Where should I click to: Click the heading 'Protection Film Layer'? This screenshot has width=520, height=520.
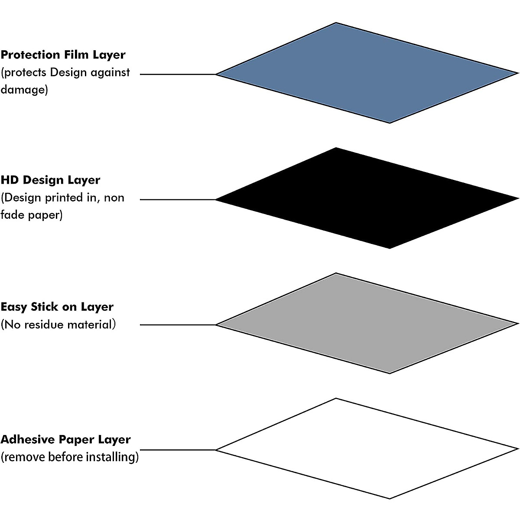tap(63, 55)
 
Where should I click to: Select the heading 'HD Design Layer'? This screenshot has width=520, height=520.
tap(50, 180)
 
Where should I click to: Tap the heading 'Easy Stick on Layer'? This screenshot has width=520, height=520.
tap(57, 307)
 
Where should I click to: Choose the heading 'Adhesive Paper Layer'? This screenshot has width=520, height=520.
tap(65, 439)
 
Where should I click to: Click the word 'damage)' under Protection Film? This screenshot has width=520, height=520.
tap(24, 90)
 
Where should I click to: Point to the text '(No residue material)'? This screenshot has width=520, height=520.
tap(58, 325)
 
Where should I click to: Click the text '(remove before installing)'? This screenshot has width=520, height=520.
tap(69, 457)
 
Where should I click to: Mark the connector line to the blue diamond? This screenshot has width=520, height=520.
tap(178, 75)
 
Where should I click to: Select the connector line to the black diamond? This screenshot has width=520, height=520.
tap(178, 200)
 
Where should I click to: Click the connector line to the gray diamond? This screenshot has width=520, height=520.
tap(178, 325)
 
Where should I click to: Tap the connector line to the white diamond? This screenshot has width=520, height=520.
tap(178, 450)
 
